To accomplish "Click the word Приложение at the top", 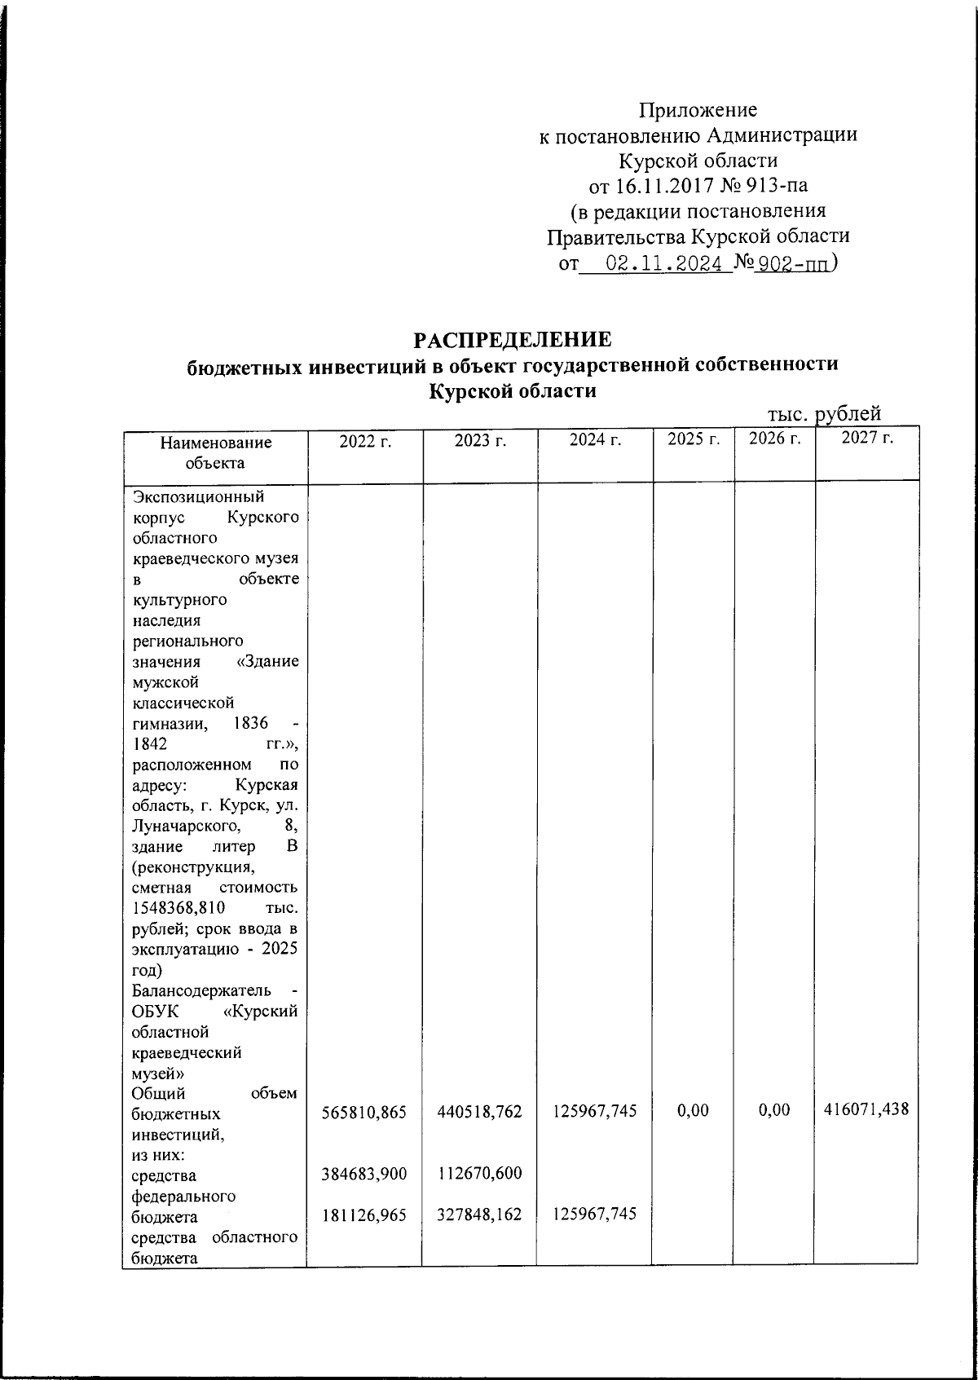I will (x=698, y=109).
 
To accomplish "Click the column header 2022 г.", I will (x=365, y=441).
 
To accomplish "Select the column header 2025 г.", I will (x=694, y=440).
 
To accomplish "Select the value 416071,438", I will (x=866, y=1109).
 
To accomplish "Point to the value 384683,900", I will (x=363, y=1174).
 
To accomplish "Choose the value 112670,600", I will (x=479, y=1174).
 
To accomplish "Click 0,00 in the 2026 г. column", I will (x=773, y=1110).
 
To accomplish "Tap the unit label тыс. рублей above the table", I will (x=824, y=415).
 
